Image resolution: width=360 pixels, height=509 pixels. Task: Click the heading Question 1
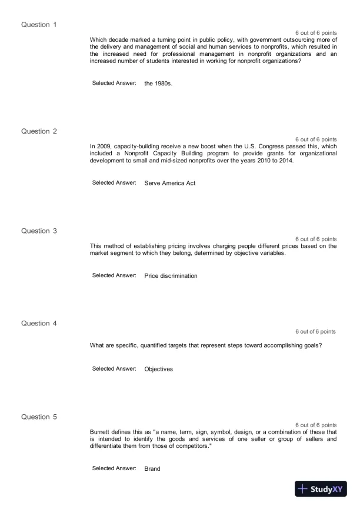(39, 25)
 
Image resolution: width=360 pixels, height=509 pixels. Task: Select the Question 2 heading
(39, 131)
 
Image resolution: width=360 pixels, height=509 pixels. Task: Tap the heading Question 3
(39, 231)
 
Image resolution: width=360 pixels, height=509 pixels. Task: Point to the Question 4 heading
(39, 323)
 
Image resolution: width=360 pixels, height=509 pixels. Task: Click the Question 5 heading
(39, 417)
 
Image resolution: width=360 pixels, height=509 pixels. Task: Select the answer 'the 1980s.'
(158, 84)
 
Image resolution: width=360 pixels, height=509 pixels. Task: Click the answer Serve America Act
(169, 183)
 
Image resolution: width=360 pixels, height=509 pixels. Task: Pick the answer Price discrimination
(171, 276)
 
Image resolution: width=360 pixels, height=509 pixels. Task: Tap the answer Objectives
(158, 369)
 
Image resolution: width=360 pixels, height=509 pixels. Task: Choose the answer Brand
(152, 469)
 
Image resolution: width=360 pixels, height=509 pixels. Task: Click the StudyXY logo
(320, 489)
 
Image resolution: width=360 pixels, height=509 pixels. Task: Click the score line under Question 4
(315, 332)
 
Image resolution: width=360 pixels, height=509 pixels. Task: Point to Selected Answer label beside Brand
(114, 468)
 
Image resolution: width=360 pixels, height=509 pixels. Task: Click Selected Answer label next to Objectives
(114, 368)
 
